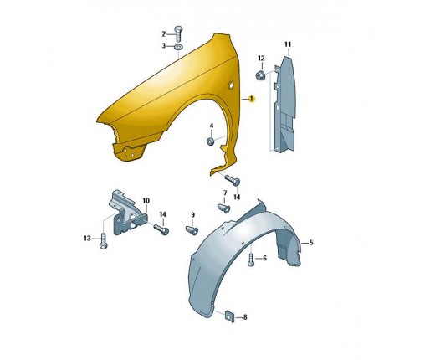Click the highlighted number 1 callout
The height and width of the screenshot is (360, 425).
[251, 99]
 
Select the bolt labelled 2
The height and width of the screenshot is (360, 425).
[178, 33]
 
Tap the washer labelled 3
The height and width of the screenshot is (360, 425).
[178, 47]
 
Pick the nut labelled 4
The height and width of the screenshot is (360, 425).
[211, 141]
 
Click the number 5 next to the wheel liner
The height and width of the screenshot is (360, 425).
[311, 243]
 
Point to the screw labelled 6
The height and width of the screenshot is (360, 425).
[251, 260]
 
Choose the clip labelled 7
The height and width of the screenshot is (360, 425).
[223, 208]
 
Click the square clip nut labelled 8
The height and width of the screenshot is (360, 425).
[229, 316]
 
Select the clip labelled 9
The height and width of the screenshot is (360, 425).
[192, 230]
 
